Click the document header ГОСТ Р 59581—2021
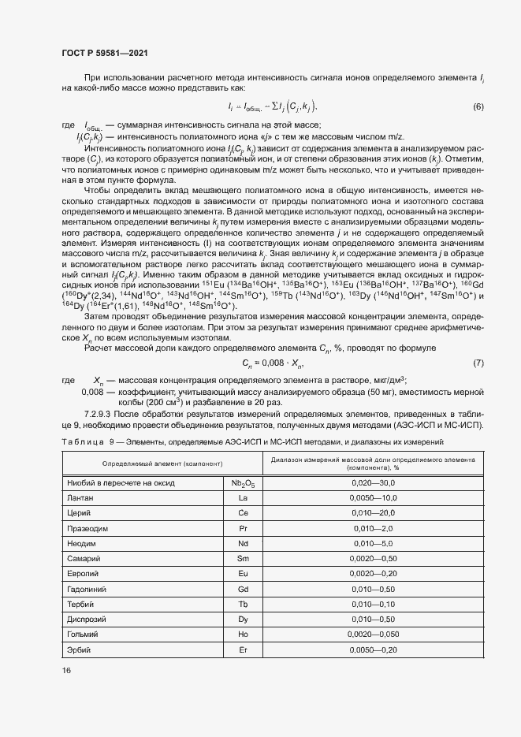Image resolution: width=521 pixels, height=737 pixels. (x=105, y=53)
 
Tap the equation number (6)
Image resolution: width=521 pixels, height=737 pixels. (x=478, y=106)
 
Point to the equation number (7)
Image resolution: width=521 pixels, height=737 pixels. (x=478, y=363)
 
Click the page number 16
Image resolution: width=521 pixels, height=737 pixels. (x=66, y=669)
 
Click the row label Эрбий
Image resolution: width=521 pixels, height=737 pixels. (x=79, y=650)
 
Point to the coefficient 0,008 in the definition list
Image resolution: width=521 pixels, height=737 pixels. (x=94, y=393)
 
